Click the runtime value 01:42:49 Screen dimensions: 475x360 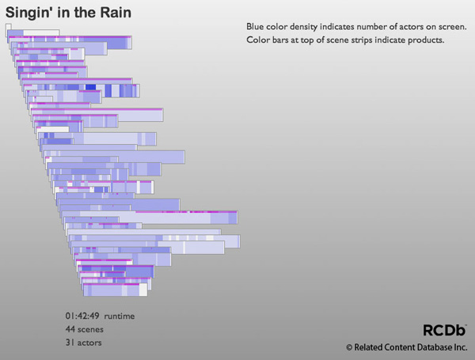(x=82, y=316)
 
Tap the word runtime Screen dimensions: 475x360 (x=120, y=316)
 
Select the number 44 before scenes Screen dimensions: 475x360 (x=70, y=329)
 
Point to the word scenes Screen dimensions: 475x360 (x=90, y=330)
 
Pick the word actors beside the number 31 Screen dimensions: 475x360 (x=89, y=343)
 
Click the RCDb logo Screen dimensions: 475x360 (x=444, y=330)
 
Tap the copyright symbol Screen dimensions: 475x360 (x=349, y=347)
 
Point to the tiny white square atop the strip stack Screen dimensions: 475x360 (x=8, y=27)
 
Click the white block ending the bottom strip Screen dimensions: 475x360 (x=143, y=290)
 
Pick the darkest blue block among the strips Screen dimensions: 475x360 (x=90, y=87)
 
